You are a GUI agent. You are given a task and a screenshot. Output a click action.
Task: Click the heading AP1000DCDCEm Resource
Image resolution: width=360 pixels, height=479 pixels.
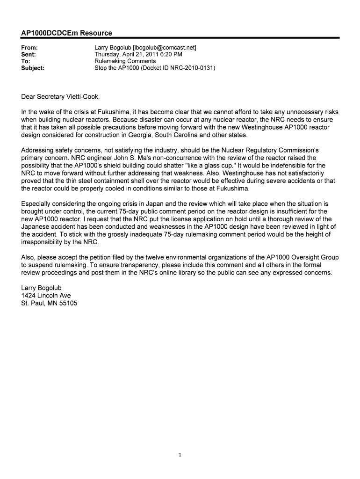click(67, 33)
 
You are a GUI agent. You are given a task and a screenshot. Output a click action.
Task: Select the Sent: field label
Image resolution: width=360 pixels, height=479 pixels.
click(29, 54)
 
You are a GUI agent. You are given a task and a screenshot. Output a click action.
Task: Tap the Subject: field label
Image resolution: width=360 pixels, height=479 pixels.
click(33, 68)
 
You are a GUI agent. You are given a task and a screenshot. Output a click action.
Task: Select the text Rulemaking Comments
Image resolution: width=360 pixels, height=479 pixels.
click(125, 61)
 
